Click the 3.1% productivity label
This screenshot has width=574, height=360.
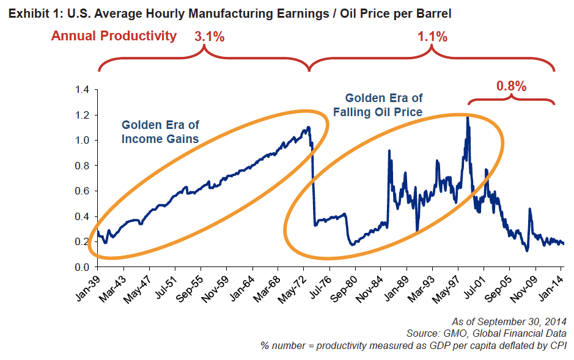coord(209,36)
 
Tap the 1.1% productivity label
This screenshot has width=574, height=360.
coord(432,36)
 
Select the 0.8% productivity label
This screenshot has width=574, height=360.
coord(511,86)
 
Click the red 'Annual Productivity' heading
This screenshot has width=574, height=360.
coord(114,35)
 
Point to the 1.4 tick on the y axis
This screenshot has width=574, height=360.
coord(81,90)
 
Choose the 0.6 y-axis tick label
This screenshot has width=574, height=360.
coord(81,191)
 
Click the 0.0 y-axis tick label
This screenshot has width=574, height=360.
coord(81,267)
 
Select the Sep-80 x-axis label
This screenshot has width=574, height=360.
coord(344,285)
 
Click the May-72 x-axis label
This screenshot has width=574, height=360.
coord(293,285)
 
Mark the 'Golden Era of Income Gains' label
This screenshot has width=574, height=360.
coord(160,131)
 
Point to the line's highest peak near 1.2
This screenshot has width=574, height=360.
coord(468,117)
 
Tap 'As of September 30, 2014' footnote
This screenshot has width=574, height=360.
coord(509,321)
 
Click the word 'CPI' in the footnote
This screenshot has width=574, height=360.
coord(557,345)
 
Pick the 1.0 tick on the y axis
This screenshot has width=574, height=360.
coord(81,141)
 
